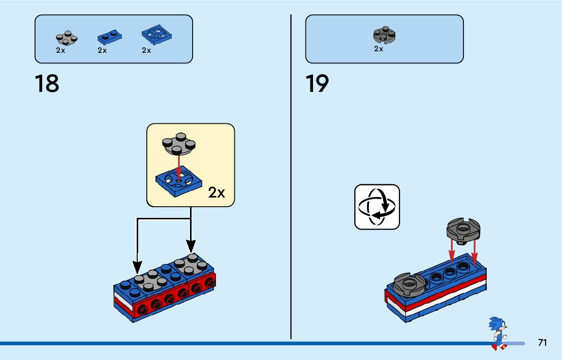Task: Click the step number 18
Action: [47, 83]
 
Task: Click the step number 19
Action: [317, 83]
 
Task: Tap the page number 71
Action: [542, 343]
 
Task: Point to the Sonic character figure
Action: [497, 333]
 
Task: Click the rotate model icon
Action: [377, 207]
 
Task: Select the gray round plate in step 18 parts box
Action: [66, 38]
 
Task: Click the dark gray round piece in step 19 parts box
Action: [385, 35]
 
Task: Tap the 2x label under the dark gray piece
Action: [379, 49]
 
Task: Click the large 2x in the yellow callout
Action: [216, 193]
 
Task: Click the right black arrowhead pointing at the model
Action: [191, 247]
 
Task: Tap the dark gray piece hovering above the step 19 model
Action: [463, 231]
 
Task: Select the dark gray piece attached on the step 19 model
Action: [408, 284]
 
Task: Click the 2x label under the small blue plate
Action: [102, 51]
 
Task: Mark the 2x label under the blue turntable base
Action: [146, 51]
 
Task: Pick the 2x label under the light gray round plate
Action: [60, 51]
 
